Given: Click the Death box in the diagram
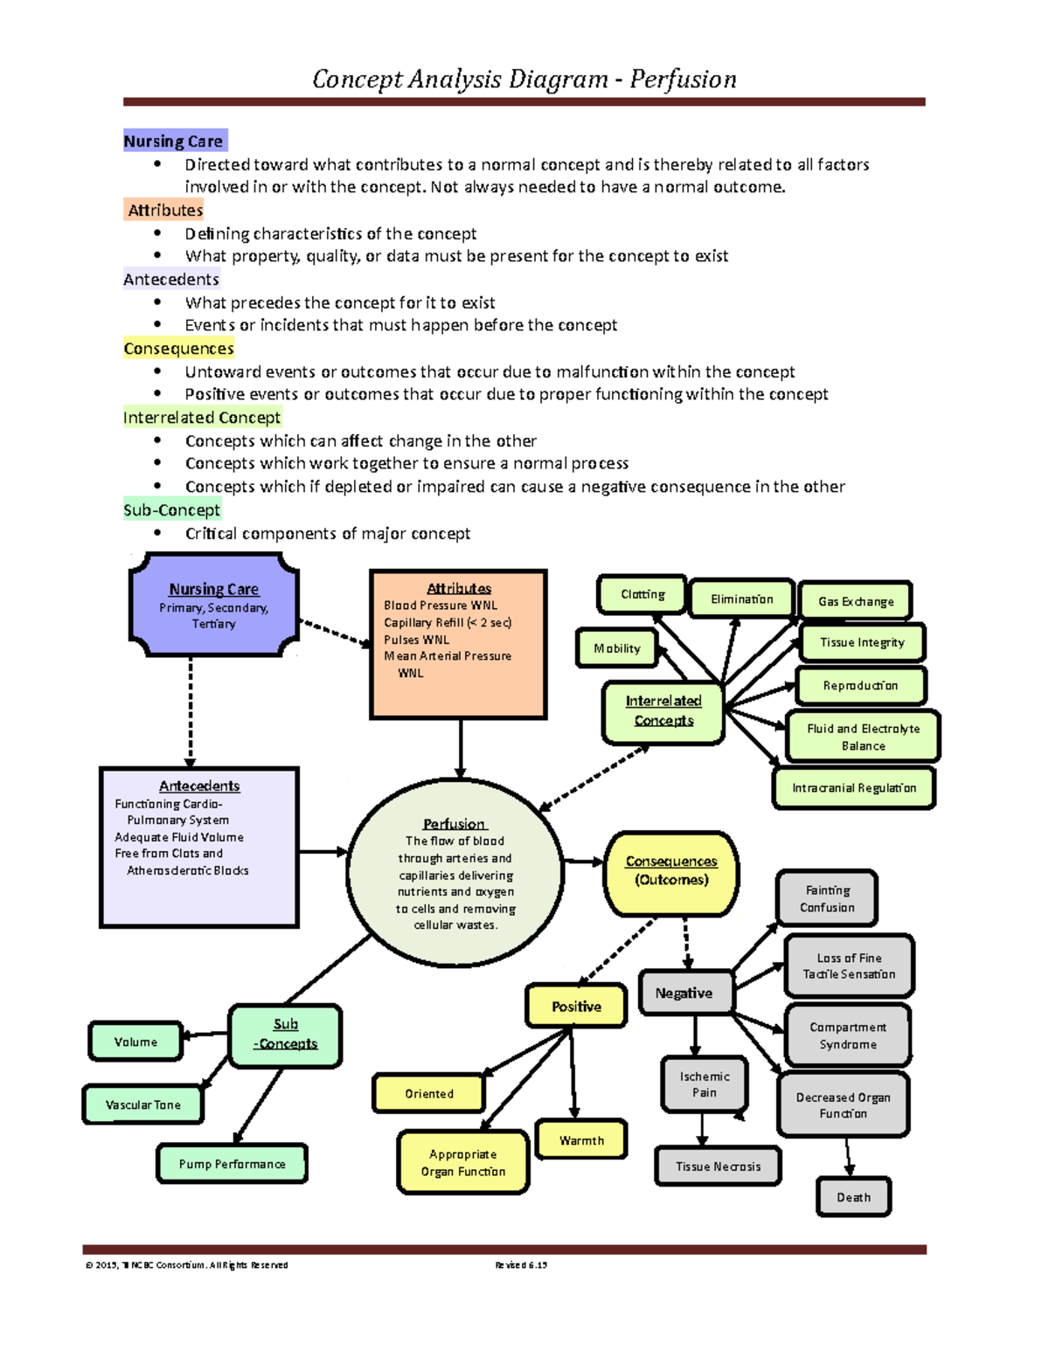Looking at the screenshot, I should click(853, 1197).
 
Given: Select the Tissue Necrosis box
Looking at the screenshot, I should click(718, 1167).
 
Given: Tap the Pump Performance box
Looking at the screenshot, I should click(232, 1164).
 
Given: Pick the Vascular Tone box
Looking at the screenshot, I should click(143, 1104).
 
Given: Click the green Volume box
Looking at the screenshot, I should click(135, 1042).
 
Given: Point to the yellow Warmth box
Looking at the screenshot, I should click(581, 1139).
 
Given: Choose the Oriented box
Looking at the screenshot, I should click(428, 1093).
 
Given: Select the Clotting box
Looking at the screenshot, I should click(643, 595).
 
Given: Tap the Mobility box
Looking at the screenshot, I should click(617, 648).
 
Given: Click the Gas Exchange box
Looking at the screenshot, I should click(856, 601).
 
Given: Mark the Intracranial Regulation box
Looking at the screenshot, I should click(854, 788).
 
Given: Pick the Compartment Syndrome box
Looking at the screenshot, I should click(848, 1035).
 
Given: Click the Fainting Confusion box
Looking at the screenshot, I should click(827, 898).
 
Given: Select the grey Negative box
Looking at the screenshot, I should click(685, 993).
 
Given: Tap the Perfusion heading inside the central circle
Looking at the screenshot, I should click(455, 824).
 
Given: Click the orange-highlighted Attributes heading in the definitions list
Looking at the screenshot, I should click(165, 210).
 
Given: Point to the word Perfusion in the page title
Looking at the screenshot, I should click(683, 80).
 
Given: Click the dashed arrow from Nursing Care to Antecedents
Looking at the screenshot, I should click(191, 712).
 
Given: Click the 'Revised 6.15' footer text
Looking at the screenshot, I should click(521, 1264).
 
